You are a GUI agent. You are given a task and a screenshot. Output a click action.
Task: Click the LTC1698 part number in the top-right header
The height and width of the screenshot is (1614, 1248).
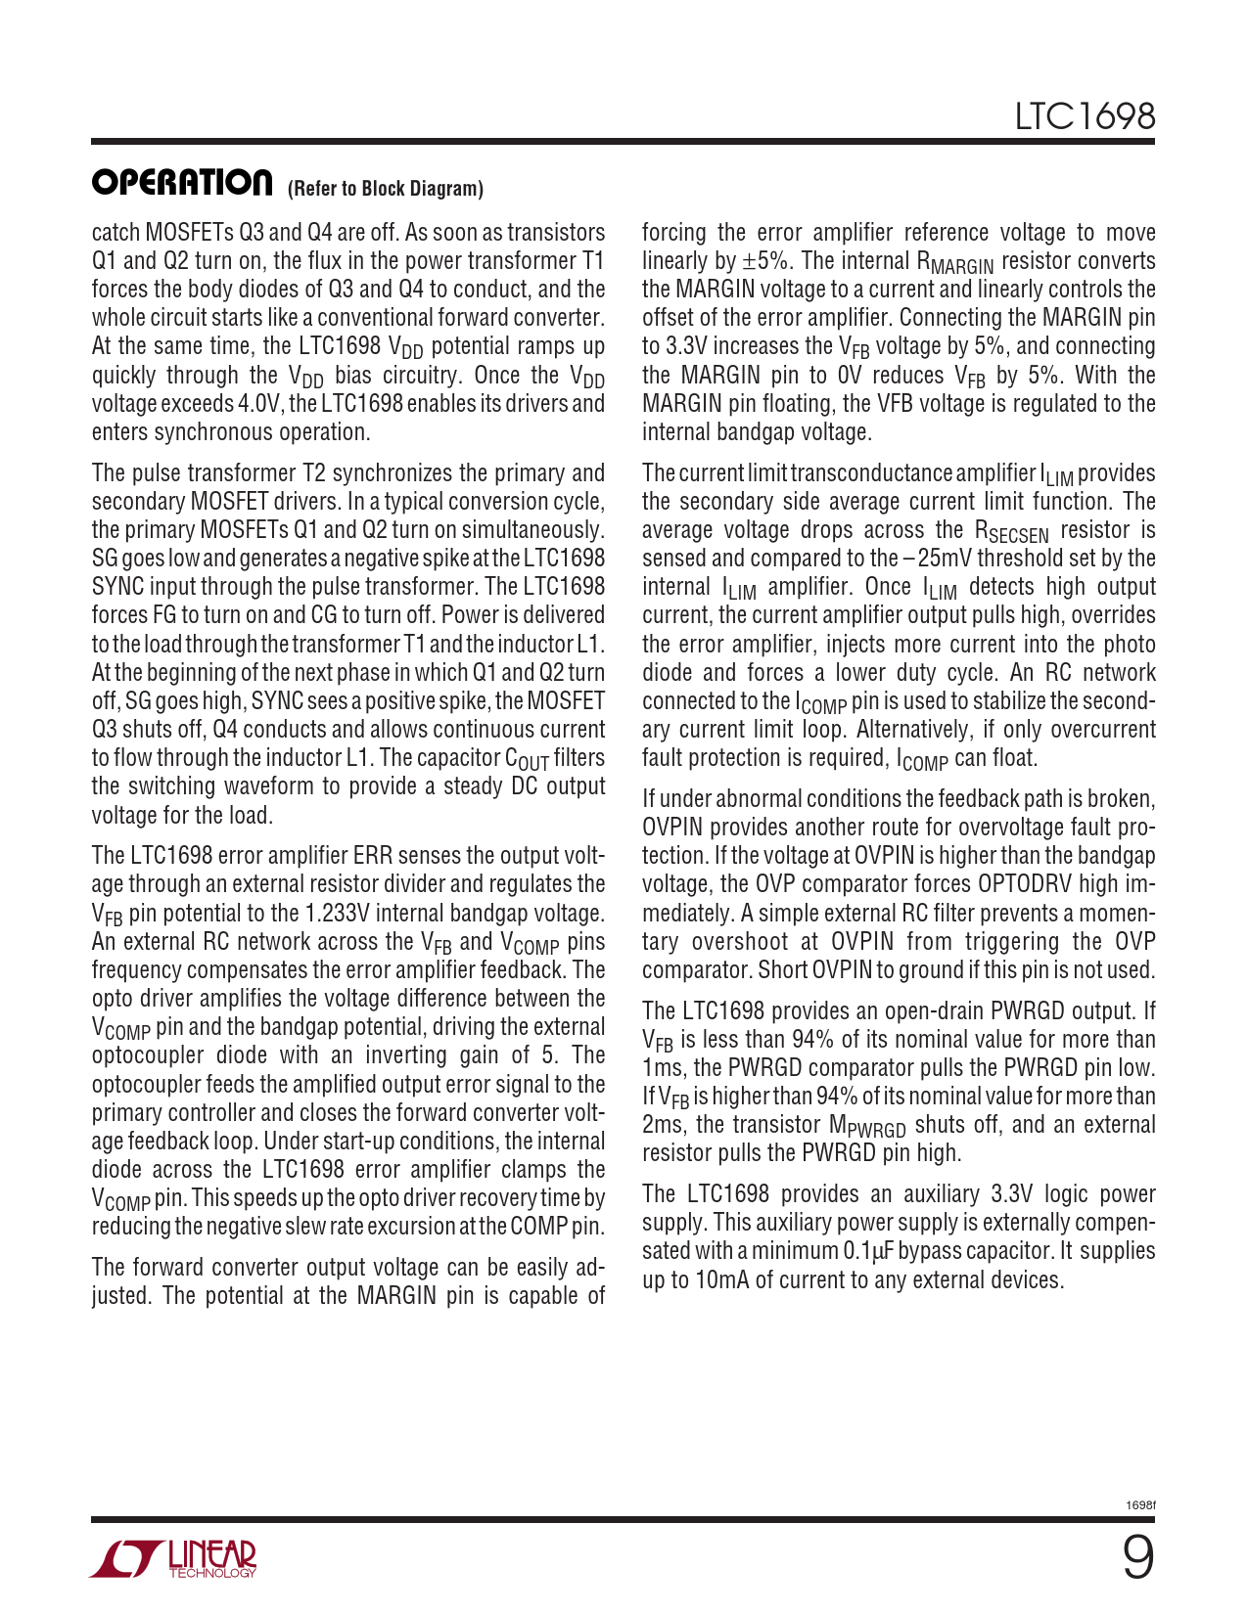point(1085,117)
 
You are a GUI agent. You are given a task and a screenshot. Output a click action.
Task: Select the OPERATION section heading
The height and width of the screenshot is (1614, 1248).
point(182,182)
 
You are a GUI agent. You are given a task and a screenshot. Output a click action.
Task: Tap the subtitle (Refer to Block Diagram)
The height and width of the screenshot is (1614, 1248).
point(386,189)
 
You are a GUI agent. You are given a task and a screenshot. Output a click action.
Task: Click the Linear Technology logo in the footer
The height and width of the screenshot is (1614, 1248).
point(174,1559)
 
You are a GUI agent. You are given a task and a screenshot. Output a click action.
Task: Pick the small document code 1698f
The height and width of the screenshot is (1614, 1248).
point(1140,1504)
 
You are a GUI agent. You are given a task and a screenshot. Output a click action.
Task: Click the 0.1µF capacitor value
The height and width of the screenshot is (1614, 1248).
point(868,1251)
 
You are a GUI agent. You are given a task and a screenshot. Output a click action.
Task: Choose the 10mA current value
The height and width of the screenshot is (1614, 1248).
point(720,1280)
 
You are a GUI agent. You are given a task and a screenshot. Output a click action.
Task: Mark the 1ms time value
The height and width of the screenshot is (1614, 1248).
point(663,1068)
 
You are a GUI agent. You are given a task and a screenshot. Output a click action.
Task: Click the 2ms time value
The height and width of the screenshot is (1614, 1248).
point(663,1125)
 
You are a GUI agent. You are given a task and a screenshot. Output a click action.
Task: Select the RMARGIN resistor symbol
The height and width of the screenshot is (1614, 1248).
point(954,263)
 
